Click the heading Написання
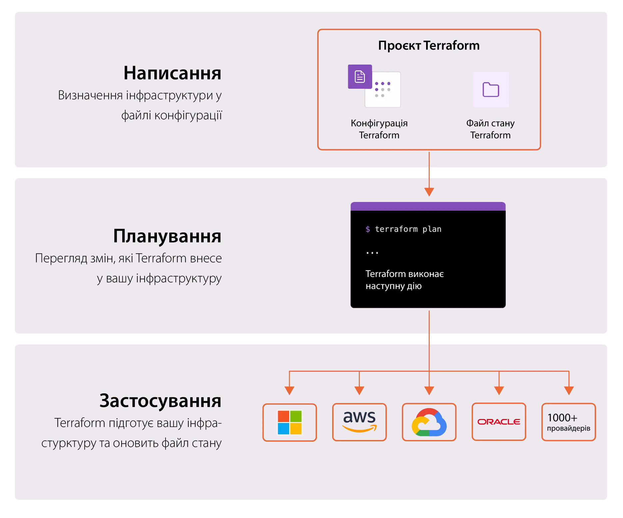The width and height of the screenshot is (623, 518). pyautogui.click(x=172, y=73)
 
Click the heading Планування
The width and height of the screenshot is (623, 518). pyautogui.click(x=167, y=236)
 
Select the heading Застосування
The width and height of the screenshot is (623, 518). pyautogui.click(x=160, y=401)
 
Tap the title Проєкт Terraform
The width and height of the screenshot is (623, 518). pyautogui.click(x=429, y=45)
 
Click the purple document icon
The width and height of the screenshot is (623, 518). pyautogui.click(x=359, y=77)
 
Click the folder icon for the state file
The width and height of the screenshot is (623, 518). pyautogui.click(x=491, y=89)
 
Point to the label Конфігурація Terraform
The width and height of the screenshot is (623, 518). pyautogui.click(x=379, y=129)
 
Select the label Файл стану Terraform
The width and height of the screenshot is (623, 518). pyautogui.click(x=490, y=129)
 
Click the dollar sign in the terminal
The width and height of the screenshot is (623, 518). pyautogui.click(x=367, y=229)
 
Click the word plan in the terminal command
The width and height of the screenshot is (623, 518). pyautogui.click(x=432, y=229)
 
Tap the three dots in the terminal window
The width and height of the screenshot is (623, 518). pyautogui.click(x=372, y=253)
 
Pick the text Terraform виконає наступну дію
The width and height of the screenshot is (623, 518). pyautogui.click(x=404, y=280)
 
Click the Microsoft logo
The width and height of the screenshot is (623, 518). pyautogui.click(x=290, y=422)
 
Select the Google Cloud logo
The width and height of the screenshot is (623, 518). pyautogui.click(x=429, y=422)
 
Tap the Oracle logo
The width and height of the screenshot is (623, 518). pyautogui.click(x=499, y=422)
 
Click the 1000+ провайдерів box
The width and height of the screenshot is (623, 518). pyautogui.click(x=568, y=422)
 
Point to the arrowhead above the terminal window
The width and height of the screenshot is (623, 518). pyautogui.click(x=429, y=192)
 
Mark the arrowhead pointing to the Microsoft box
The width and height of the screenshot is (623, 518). pyautogui.click(x=289, y=390)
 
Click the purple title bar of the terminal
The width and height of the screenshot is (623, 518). pyautogui.click(x=428, y=206)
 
